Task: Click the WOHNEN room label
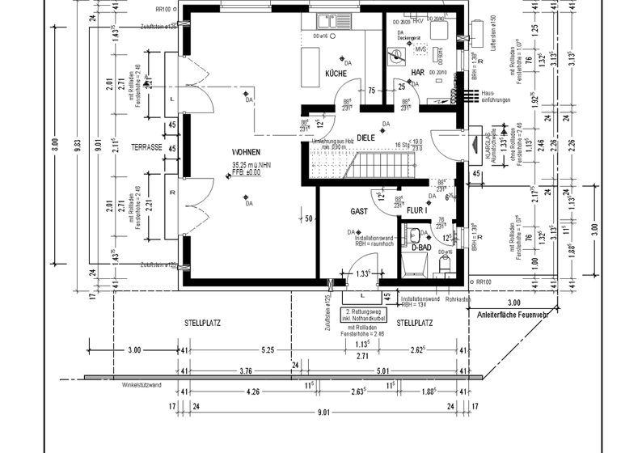click(246, 151)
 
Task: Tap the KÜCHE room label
click(336, 74)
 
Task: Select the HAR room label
click(417, 73)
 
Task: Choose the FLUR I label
click(416, 210)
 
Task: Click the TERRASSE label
click(149, 149)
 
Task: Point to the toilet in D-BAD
click(443, 263)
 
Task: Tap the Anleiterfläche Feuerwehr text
click(513, 314)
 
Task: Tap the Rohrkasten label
click(457, 299)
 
